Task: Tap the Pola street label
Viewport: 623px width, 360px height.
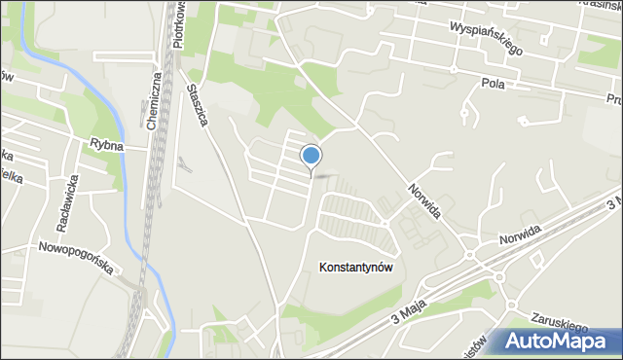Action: click(x=493, y=85)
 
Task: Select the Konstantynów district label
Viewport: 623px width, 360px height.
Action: click(x=355, y=268)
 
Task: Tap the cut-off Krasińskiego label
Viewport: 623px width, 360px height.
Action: click(x=593, y=4)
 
